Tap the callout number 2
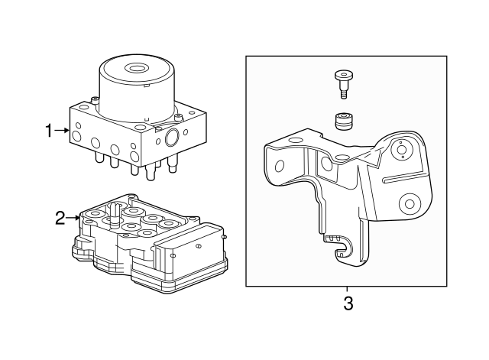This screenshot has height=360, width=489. [60, 219]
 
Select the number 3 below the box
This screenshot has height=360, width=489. [348, 303]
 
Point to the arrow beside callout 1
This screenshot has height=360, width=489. [63, 131]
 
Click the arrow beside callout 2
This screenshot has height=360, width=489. [74, 219]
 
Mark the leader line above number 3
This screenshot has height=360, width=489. [348, 290]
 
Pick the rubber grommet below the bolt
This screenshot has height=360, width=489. [343, 121]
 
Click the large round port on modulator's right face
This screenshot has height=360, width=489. [171, 138]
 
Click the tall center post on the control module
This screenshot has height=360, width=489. [113, 212]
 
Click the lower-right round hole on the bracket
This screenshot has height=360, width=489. [410, 204]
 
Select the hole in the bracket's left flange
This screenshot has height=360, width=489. [280, 166]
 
